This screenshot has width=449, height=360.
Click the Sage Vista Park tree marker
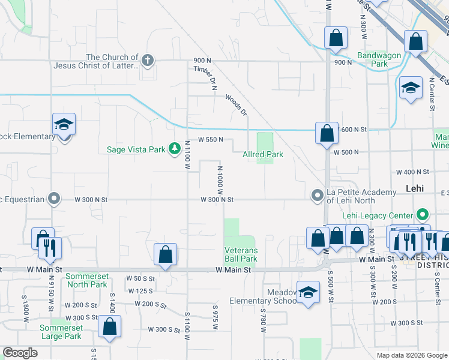point(175,148)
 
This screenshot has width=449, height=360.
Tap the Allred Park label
point(263,155)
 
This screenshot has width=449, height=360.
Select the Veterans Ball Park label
point(241,254)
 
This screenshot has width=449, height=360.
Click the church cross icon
point(148,60)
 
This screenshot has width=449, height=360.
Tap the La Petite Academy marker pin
point(317,196)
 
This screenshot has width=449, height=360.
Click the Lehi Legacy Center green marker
point(423,215)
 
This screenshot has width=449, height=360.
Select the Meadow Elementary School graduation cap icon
point(308,292)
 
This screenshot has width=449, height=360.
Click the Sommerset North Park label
point(86,280)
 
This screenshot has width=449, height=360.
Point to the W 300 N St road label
point(216,199)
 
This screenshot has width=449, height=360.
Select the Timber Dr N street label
point(205,77)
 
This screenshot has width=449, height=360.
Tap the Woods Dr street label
point(236,104)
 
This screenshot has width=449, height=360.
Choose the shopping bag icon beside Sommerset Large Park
point(109,327)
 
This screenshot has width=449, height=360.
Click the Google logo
point(20,353)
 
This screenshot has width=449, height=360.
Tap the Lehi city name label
point(415,188)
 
